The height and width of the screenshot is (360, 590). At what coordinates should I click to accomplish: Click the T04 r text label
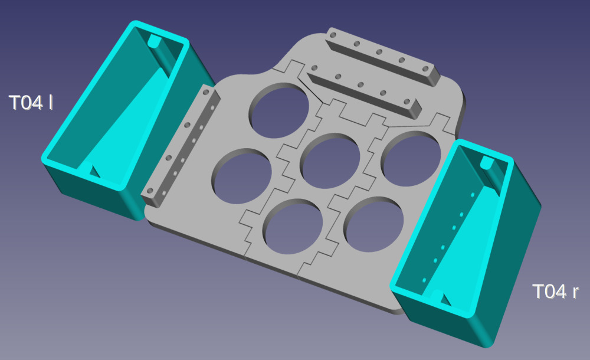(x=555, y=292)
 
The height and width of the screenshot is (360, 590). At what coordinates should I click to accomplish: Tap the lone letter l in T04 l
(x=50, y=103)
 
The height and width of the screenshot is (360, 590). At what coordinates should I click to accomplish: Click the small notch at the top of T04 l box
(x=154, y=41)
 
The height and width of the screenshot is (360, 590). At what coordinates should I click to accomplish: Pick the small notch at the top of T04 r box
(x=487, y=162)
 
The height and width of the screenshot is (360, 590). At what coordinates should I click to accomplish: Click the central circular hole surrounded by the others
(x=330, y=161)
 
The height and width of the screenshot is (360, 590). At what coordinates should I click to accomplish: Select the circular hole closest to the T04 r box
(x=411, y=159)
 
